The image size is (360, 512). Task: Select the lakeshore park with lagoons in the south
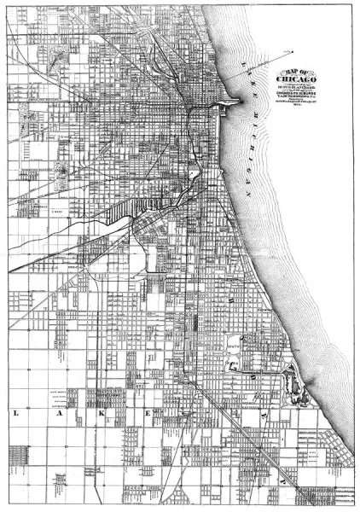(295, 376)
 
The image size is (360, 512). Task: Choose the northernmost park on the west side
(58, 61)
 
